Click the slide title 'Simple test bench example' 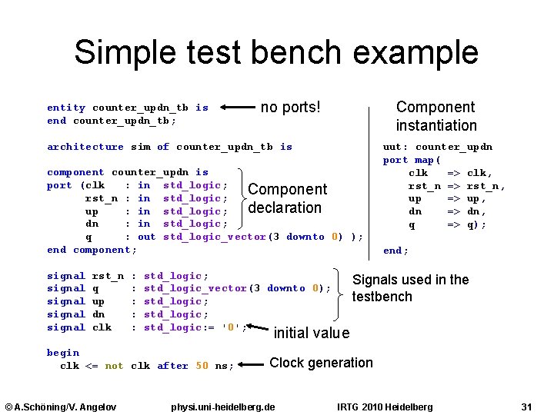click(x=276, y=52)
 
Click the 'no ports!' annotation click(x=290, y=108)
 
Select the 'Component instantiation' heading click(x=436, y=116)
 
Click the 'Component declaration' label click(x=287, y=198)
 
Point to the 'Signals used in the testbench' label click(x=410, y=288)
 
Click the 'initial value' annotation click(x=311, y=333)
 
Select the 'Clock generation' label click(x=321, y=363)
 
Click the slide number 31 click(x=526, y=406)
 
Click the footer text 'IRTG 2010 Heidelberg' click(x=385, y=406)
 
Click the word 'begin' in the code click(x=63, y=353)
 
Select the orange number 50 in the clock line click(x=202, y=366)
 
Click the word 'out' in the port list click(x=146, y=237)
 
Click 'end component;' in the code click(x=92, y=250)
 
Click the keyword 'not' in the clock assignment click(x=114, y=366)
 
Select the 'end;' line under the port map click(x=395, y=250)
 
